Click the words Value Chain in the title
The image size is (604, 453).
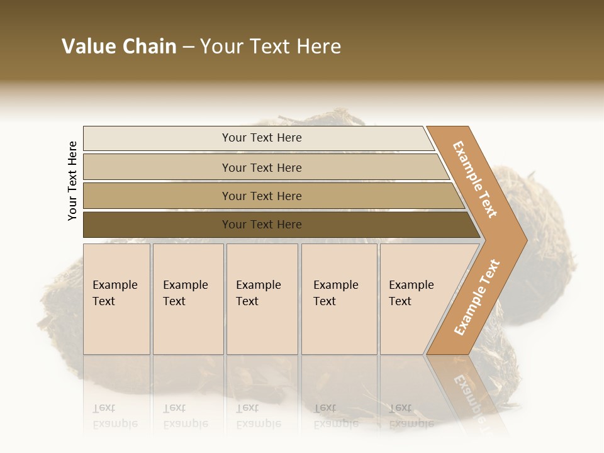[x=119, y=47]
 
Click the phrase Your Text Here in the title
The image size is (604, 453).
[x=271, y=47]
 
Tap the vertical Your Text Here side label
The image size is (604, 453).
[x=72, y=181]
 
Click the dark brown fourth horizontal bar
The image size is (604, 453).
[x=157, y=225]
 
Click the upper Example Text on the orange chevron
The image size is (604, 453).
[x=475, y=179]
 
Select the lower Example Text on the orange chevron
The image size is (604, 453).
[x=476, y=297]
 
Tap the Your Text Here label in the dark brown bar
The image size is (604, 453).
[x=262, y=225]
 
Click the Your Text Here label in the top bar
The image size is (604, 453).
[x=262, y=138]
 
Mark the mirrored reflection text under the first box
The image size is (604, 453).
[x=115, y=416]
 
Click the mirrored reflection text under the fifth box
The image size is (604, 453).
[x=411, y=416]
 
